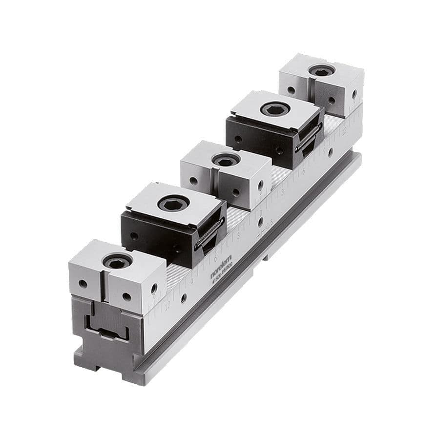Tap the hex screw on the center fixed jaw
click(226, 160)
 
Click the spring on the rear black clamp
click(309, 139)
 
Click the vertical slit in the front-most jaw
click(104, 286)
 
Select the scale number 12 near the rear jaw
click(344, 130)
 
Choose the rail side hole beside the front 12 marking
click(183, 298)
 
